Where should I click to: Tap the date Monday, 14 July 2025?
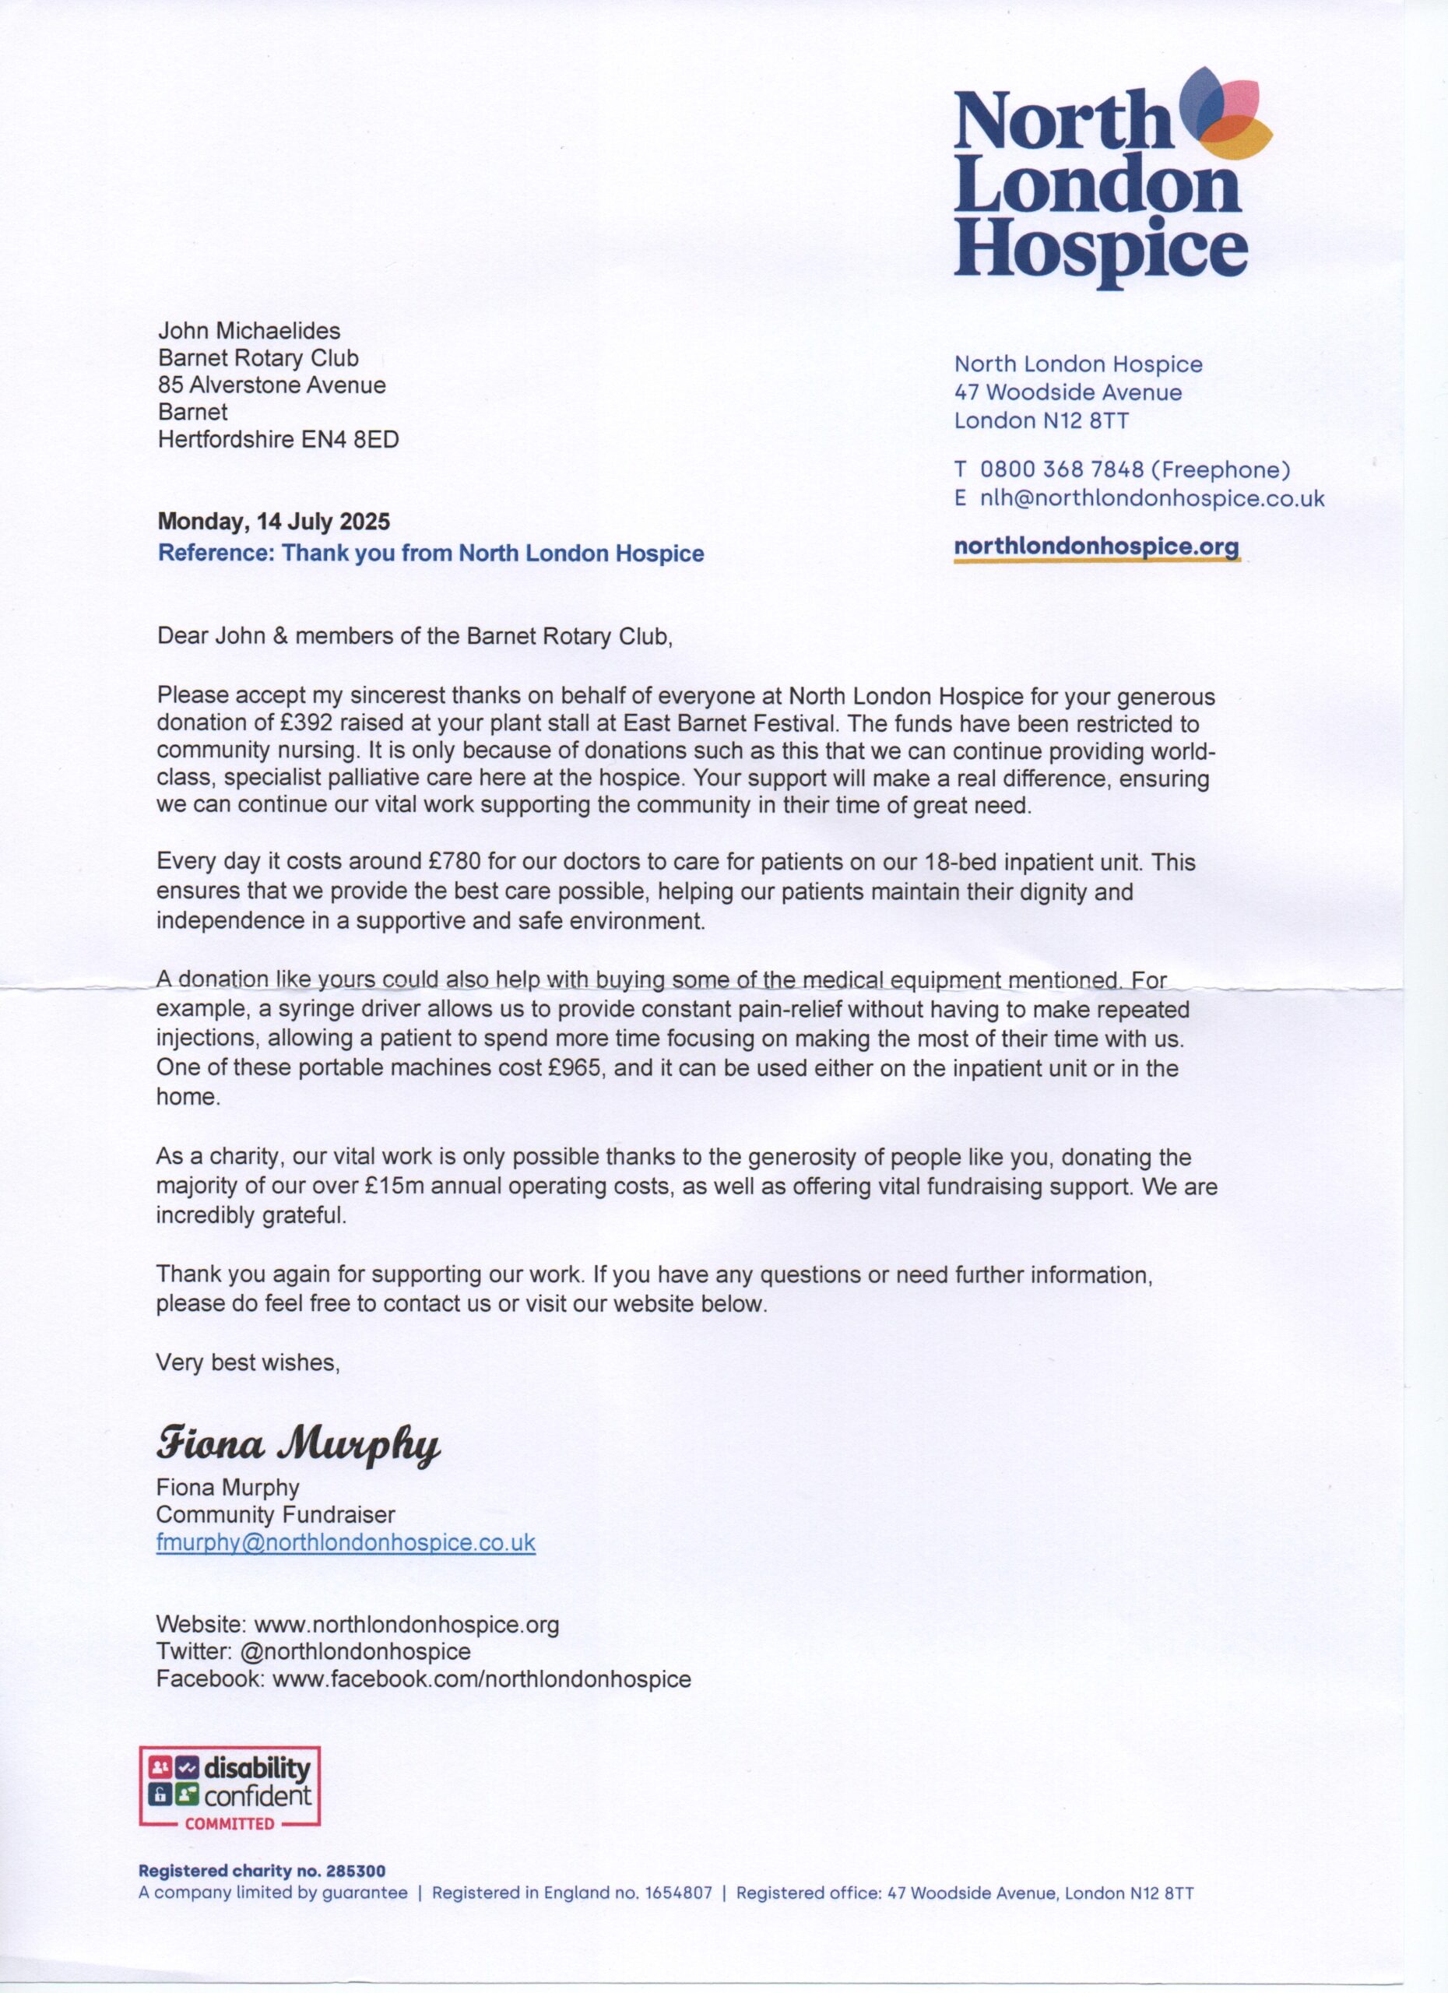[x=273, y=521]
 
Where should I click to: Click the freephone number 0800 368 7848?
[x=1061, y=470]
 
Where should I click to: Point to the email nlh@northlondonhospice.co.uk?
[x=1152, y=498]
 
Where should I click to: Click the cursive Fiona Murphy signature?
[x=298, y=1443]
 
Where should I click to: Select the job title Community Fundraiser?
[x=275, y=1514]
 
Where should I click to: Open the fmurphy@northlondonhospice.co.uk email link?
[x=346, y=1543]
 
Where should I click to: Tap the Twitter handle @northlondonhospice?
[x=354, y=1651]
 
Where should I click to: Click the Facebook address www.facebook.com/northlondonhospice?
[x=481, y=1678]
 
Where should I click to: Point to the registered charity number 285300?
[x=355, y=1872]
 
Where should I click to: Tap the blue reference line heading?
[x=431, y=554]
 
